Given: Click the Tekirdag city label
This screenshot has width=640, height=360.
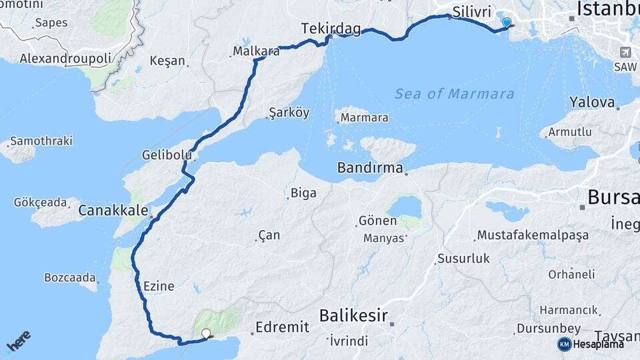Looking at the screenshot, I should (x=331, y=29).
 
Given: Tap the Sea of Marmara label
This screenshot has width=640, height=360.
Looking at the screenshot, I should (x=454, y=93).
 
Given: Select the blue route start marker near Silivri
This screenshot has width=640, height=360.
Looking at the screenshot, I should (x=506, y=23).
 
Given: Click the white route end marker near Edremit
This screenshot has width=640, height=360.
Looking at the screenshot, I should (x=206, y=333).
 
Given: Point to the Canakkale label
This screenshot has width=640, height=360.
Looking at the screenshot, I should (x=113, y=211).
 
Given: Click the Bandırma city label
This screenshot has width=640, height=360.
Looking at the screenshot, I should (x=370, y=167).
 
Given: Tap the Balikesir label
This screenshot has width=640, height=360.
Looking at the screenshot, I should (x=353, y=315).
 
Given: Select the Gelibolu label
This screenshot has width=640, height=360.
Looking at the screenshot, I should (x=167, y=155).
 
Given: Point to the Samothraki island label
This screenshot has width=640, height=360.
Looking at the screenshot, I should (x=41, y=141).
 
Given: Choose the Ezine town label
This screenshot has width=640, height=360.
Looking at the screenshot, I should (x=159, y=287).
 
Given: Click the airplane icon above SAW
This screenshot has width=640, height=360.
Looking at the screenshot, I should (x=625, y=53).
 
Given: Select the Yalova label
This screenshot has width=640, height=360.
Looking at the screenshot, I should (x=591, y=103).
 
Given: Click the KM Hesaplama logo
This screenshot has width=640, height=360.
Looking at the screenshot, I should (x=591, y=344).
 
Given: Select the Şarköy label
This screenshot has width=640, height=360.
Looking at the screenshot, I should (x=289, y=113).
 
